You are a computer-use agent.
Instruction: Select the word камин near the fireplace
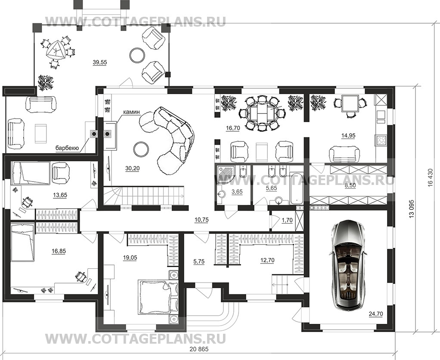[131, 112]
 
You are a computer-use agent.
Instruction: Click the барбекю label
[67, 148]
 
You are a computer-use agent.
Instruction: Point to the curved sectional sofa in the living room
[170, 138]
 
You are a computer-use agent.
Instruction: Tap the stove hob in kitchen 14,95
[381, 139]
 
